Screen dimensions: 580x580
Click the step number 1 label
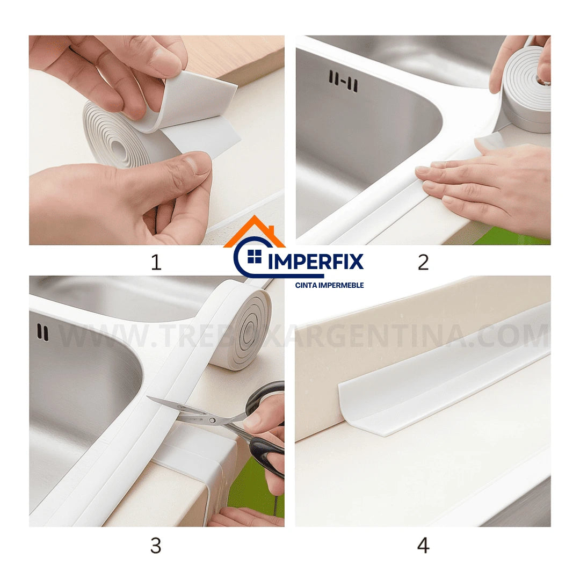point(156,263)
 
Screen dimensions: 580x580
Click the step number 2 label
point(423,263)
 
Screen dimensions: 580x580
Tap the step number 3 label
point(156,546)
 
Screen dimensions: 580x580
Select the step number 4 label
point(423,546)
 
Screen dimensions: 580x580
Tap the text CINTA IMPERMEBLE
point(329,285)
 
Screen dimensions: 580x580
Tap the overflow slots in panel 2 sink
point(343,81)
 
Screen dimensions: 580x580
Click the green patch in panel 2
point(510,236)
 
